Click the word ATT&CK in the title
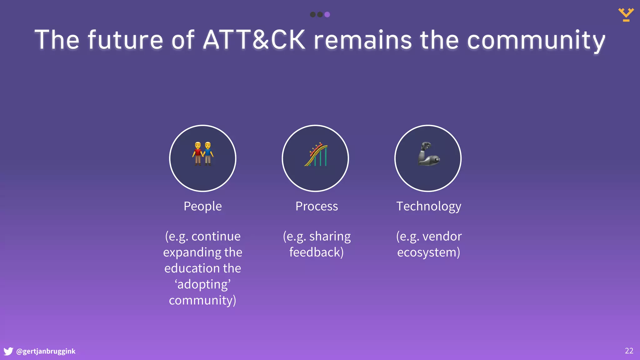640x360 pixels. pyautogui.click(x=254, y=40)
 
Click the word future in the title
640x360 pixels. pyautogui.click(x=125, y=40)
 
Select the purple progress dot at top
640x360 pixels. pyautogui.click(x=327, y=14)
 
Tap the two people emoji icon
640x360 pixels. pyautogui.click(x=203, y=154)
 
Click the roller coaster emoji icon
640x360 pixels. pyautogui.click(x=316, y=155)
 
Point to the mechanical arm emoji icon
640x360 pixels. pyautogui.click(x=428, y=154)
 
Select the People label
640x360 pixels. pyautogui.click(x=202, y=206)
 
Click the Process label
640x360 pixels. pyautogui.click(x=317, y=206)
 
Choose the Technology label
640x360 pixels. pyautogui.click(x=428, y=207)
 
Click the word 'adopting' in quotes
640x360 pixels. pyautogui.click(x=202, y=284)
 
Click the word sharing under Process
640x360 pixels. pyautogui.click(x=330, y=237)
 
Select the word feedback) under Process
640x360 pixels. pyautogui.click(x=316, y=252)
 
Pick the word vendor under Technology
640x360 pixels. pyautogui.click(x=442, y=236)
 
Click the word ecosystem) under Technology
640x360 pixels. pyautogui.click(x=428, y=252)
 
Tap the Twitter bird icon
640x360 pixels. pyautogui.click(x=8, y=351)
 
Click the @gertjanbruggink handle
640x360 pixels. pyautogui.click(x=46, y=351)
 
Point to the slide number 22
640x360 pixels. pyautogui.click(x=629, y=351)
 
